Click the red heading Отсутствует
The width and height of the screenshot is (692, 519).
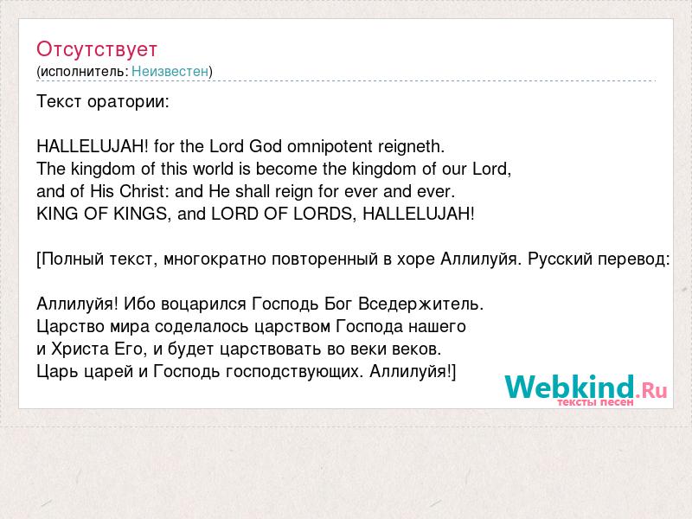coord(97,49)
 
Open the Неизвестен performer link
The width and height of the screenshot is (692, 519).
coord(170,71)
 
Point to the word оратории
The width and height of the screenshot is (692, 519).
coord(128,102)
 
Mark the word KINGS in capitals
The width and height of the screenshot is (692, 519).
coord(141,214)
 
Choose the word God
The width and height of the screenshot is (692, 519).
coord(266,146)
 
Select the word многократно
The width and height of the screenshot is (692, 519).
coord(215,259)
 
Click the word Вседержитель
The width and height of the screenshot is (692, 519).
coord(421,304)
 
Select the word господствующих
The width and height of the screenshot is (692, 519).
coord(294,372)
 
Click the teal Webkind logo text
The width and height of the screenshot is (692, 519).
coord(570,387)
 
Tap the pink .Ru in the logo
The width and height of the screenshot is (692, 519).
coord(651,390)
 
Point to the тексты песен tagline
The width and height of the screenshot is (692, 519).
coord(595,402)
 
